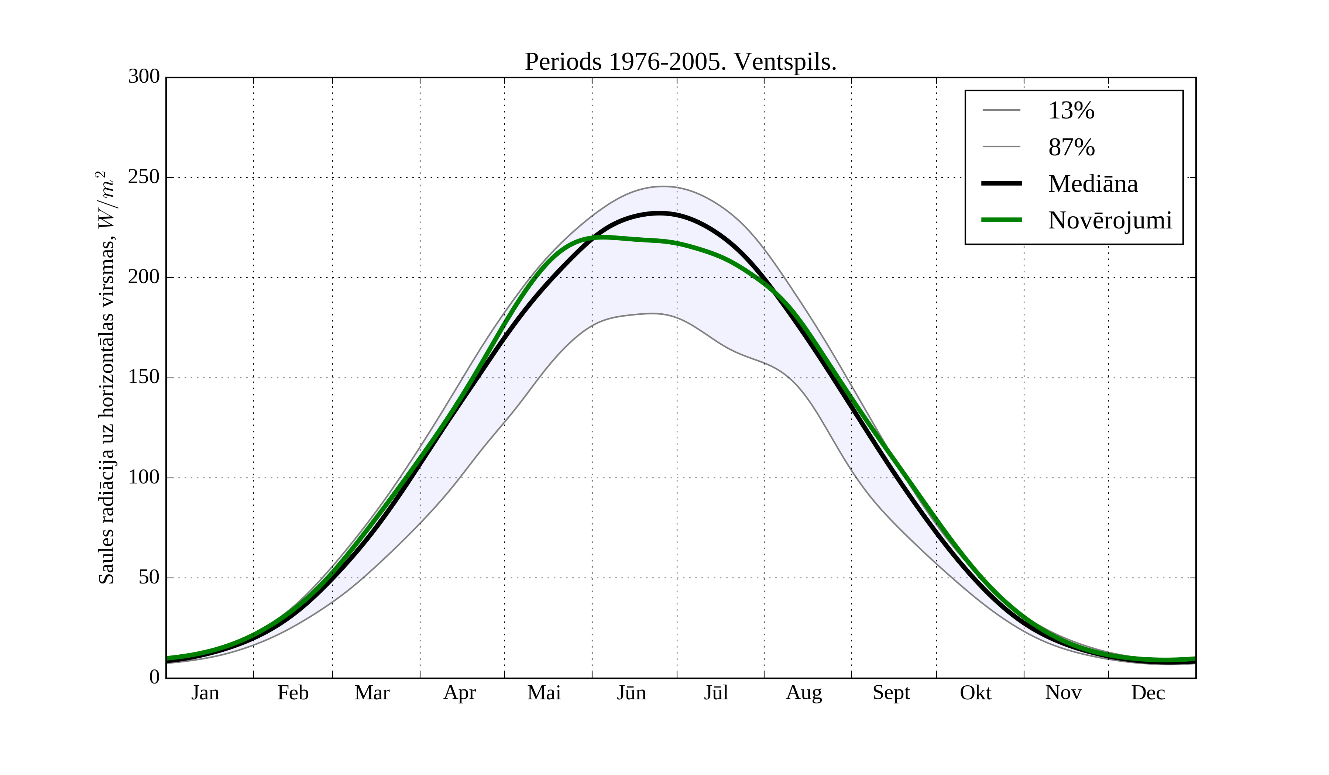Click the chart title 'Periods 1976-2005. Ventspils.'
(680, 62)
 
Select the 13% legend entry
(1071, 111)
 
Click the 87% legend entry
(1071, 147)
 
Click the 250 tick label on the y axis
(144, 177)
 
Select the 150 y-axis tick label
(144, 378)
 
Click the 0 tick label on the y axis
(155, 677)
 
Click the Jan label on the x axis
(205, 693)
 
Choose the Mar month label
(372, 693)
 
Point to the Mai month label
(544, 693)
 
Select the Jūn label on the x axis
(631, 693)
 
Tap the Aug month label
(804, 693)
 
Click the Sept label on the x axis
(891, 693)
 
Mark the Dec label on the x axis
(1148, 693)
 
